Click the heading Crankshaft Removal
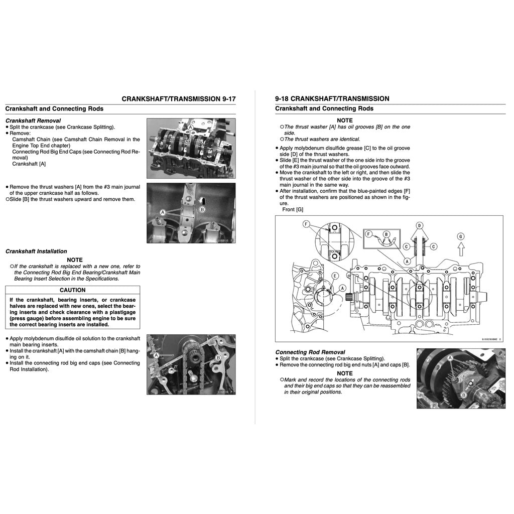[x=33, y=120]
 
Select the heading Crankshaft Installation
[x=36, y=251]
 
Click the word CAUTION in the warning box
[x=72, y=290]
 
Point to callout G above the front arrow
[x=460, y=236]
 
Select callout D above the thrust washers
[x=419, y=225]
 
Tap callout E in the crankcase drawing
[x=334, y=276]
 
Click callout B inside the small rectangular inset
[x=387, y=234]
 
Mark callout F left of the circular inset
[x=306, y=223]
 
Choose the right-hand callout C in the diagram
[x=433, y=246]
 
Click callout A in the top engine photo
[x=191, y=128]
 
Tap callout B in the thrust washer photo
[x=202, y=209]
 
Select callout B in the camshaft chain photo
[x=218, y=357]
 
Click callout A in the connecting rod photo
[x=450, y=358]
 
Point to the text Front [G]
[x=293, y=209]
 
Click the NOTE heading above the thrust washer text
[x=344, y=120]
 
